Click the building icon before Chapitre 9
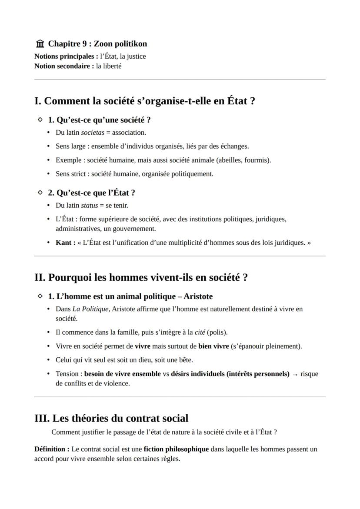point(40,44)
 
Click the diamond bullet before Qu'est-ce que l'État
point(40,192)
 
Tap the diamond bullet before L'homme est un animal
point(40,296)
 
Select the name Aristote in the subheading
point(198,296)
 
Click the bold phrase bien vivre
point(213,346)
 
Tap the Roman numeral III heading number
point(42,419)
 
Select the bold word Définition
point(51,449)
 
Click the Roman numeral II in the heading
point(40,278)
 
